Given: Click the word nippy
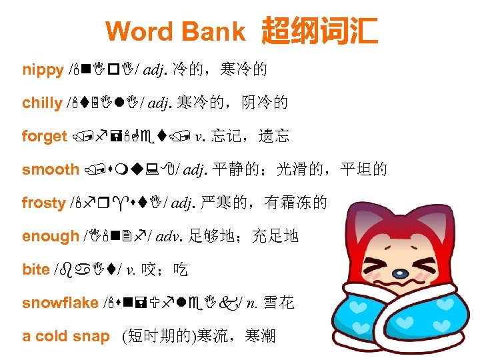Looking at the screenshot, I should click(x=42, y=69).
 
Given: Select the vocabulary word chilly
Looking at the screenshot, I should click(x=42, y=103).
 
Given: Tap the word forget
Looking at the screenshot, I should click(x=44, y=136).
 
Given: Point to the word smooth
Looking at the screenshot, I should click(x=51, y=169).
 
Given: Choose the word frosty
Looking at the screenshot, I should click(x=43, y=203).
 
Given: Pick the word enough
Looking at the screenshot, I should click(x=51, y=236).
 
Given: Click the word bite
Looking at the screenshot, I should click(x=36, y=269).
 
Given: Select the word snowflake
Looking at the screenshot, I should click(x=60, y=303).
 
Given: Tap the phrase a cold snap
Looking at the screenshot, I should click(x=65, y=336).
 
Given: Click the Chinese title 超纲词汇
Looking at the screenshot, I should click(x=320, y=31).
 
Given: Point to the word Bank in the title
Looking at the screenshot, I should click(x=214, y=31).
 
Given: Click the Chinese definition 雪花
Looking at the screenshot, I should click(x=279, y=303).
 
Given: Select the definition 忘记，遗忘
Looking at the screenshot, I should click(x=251, y=136).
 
